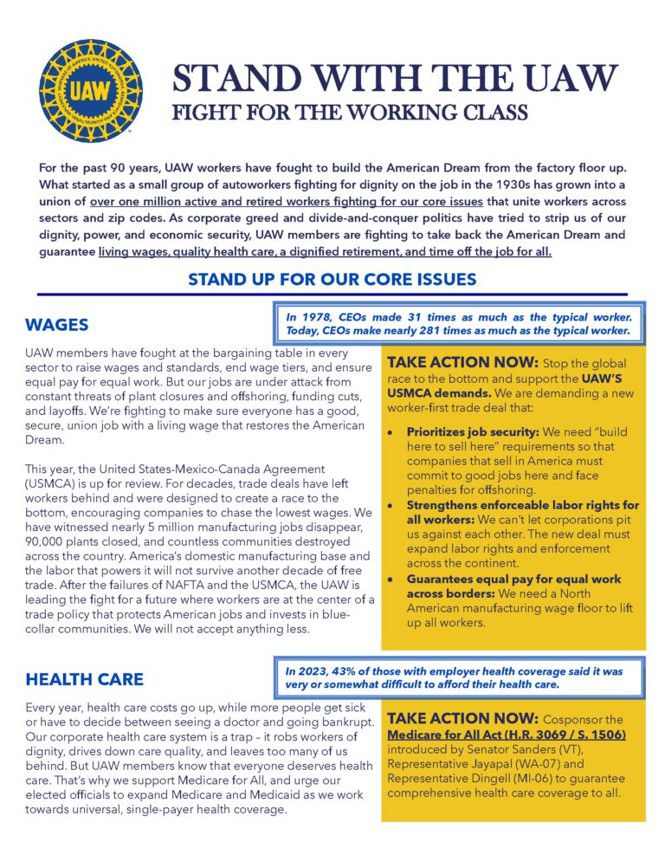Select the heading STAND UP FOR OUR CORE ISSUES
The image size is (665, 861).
coord(332,279)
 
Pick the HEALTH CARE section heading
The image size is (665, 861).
coord(84,678)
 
